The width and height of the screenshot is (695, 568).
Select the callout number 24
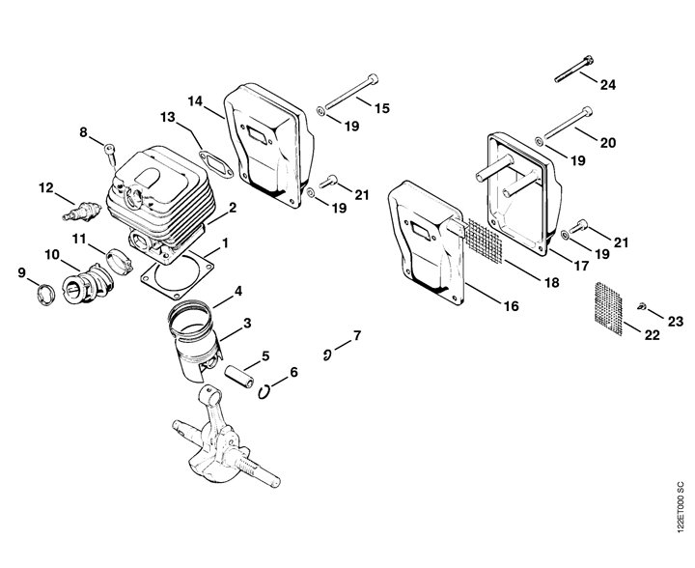[x=608, y=85]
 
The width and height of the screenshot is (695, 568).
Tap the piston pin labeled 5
[x=238, y=377]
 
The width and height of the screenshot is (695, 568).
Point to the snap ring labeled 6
[x=264, y=391]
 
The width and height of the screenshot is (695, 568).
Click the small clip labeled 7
[x=327, y=355]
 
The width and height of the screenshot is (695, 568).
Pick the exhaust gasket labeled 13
[x=215, y=164]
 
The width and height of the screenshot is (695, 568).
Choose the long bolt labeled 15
[x=351, y=93]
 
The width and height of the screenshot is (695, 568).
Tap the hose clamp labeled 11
[x=119, y=261]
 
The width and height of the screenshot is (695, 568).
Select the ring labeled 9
[x=44, y=295]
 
